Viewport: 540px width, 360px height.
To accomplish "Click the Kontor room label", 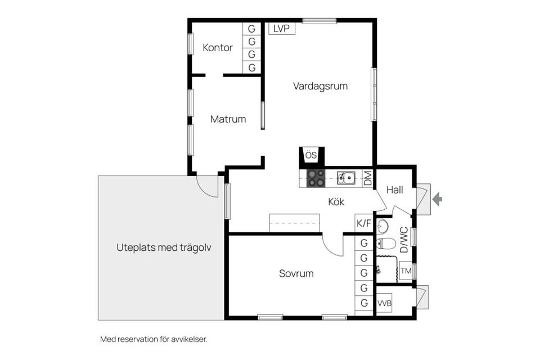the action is (217, 48).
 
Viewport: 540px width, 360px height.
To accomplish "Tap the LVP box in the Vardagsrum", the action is (282, 29).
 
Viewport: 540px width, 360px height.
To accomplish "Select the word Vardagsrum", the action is (320, 86).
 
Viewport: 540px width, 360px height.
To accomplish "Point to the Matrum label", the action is (228, 119).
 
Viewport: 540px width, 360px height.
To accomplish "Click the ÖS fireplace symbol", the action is (311, 155).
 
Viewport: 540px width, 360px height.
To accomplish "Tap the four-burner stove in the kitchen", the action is (316, 178).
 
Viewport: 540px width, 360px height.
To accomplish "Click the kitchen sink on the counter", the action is (346, 178).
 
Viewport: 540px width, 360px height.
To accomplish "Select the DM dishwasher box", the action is (368, 178).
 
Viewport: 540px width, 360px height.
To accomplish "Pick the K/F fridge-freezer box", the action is (364, 223).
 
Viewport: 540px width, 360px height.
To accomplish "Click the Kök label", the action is (336, 202).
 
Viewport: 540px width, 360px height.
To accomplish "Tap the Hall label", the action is (394, 190).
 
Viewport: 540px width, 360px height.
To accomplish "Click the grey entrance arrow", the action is (437, 199).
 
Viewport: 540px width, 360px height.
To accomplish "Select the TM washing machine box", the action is (406, 271).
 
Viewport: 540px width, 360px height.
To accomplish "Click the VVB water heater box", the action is (384, 303).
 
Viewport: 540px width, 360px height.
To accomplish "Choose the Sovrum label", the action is (296, 273).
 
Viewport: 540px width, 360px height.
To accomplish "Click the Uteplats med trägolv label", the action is (164, 247).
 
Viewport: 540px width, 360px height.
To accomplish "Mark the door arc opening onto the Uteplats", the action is (204, 190).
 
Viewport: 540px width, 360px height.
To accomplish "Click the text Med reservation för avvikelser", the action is (154, 339).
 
